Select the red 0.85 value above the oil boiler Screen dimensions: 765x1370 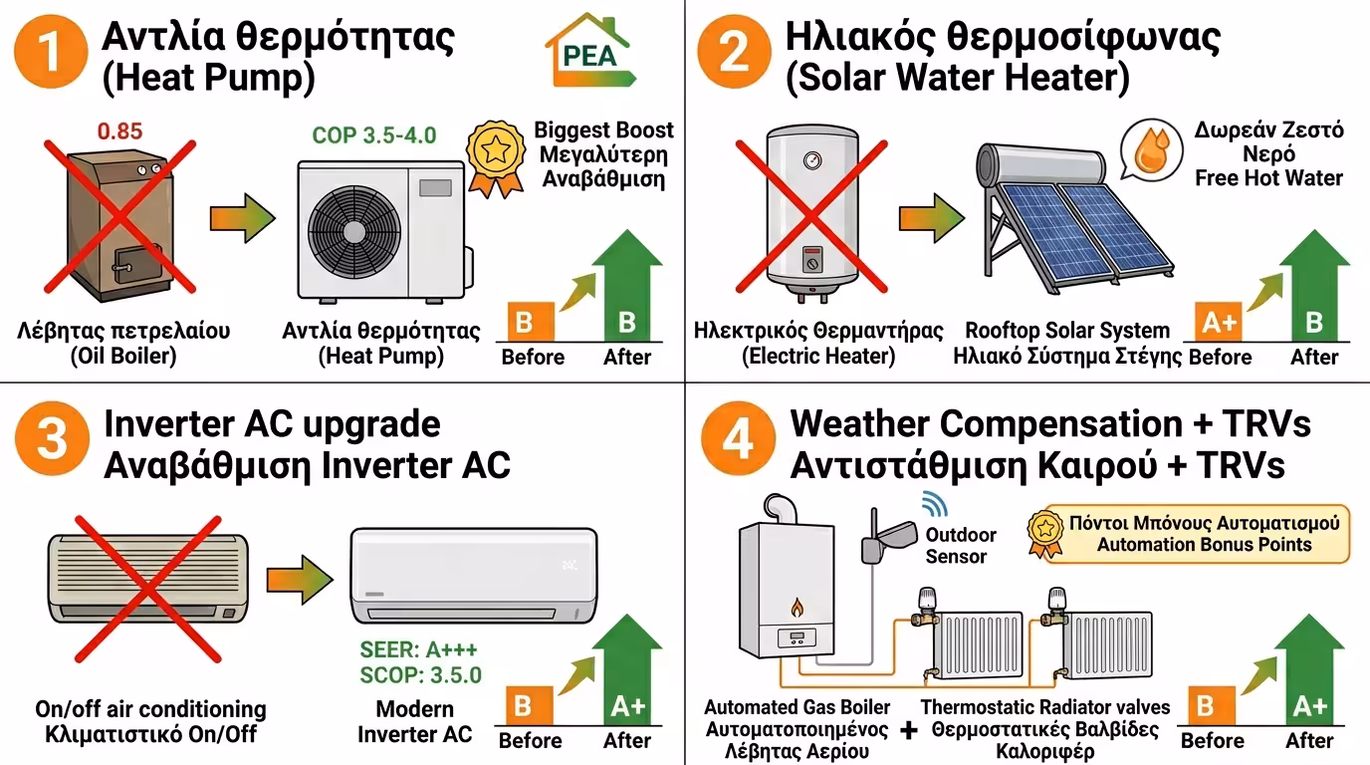coord(120,130)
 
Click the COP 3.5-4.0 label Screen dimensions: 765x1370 coord(373,135)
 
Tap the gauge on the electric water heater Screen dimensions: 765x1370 coord(812,159)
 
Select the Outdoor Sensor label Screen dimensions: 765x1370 coord(960,545)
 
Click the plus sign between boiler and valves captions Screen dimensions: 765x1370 coord(908,730)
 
